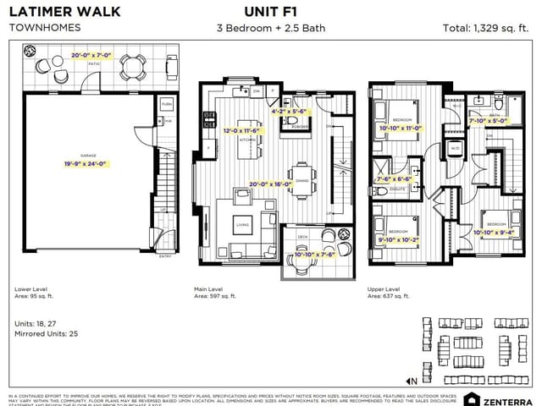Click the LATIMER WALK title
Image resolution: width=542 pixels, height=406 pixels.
(64, 12)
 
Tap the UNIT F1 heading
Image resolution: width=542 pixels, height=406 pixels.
(270, 12)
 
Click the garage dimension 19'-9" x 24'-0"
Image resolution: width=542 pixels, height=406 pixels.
(91, 164)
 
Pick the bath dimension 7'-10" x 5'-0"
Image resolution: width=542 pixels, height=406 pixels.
(489, 120)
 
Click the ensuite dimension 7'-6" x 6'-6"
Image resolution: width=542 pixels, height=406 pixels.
(394, 178)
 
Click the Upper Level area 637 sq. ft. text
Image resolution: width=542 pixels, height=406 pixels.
(390, 296)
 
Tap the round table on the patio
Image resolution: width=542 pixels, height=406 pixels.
(131, 65)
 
